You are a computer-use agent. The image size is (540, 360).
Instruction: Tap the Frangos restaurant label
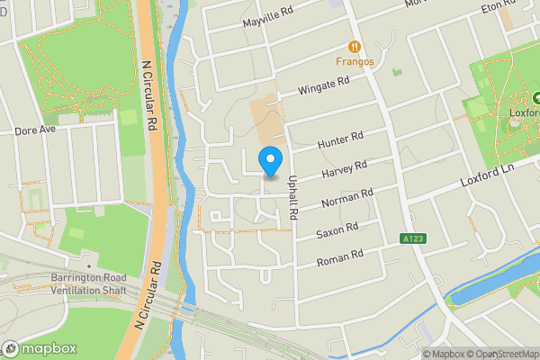[x=354, y=62]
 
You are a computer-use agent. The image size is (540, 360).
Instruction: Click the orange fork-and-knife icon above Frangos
[x=355, y=46]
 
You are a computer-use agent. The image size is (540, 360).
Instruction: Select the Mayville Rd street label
[x=268, y=17]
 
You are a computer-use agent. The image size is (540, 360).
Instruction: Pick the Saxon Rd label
[x=338, y=230]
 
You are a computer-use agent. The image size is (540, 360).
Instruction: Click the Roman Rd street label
[x=340, y=258]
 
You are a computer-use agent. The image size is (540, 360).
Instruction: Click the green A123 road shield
[x=411, y=238]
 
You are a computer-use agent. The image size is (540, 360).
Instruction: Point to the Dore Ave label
[x=35, y=130]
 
